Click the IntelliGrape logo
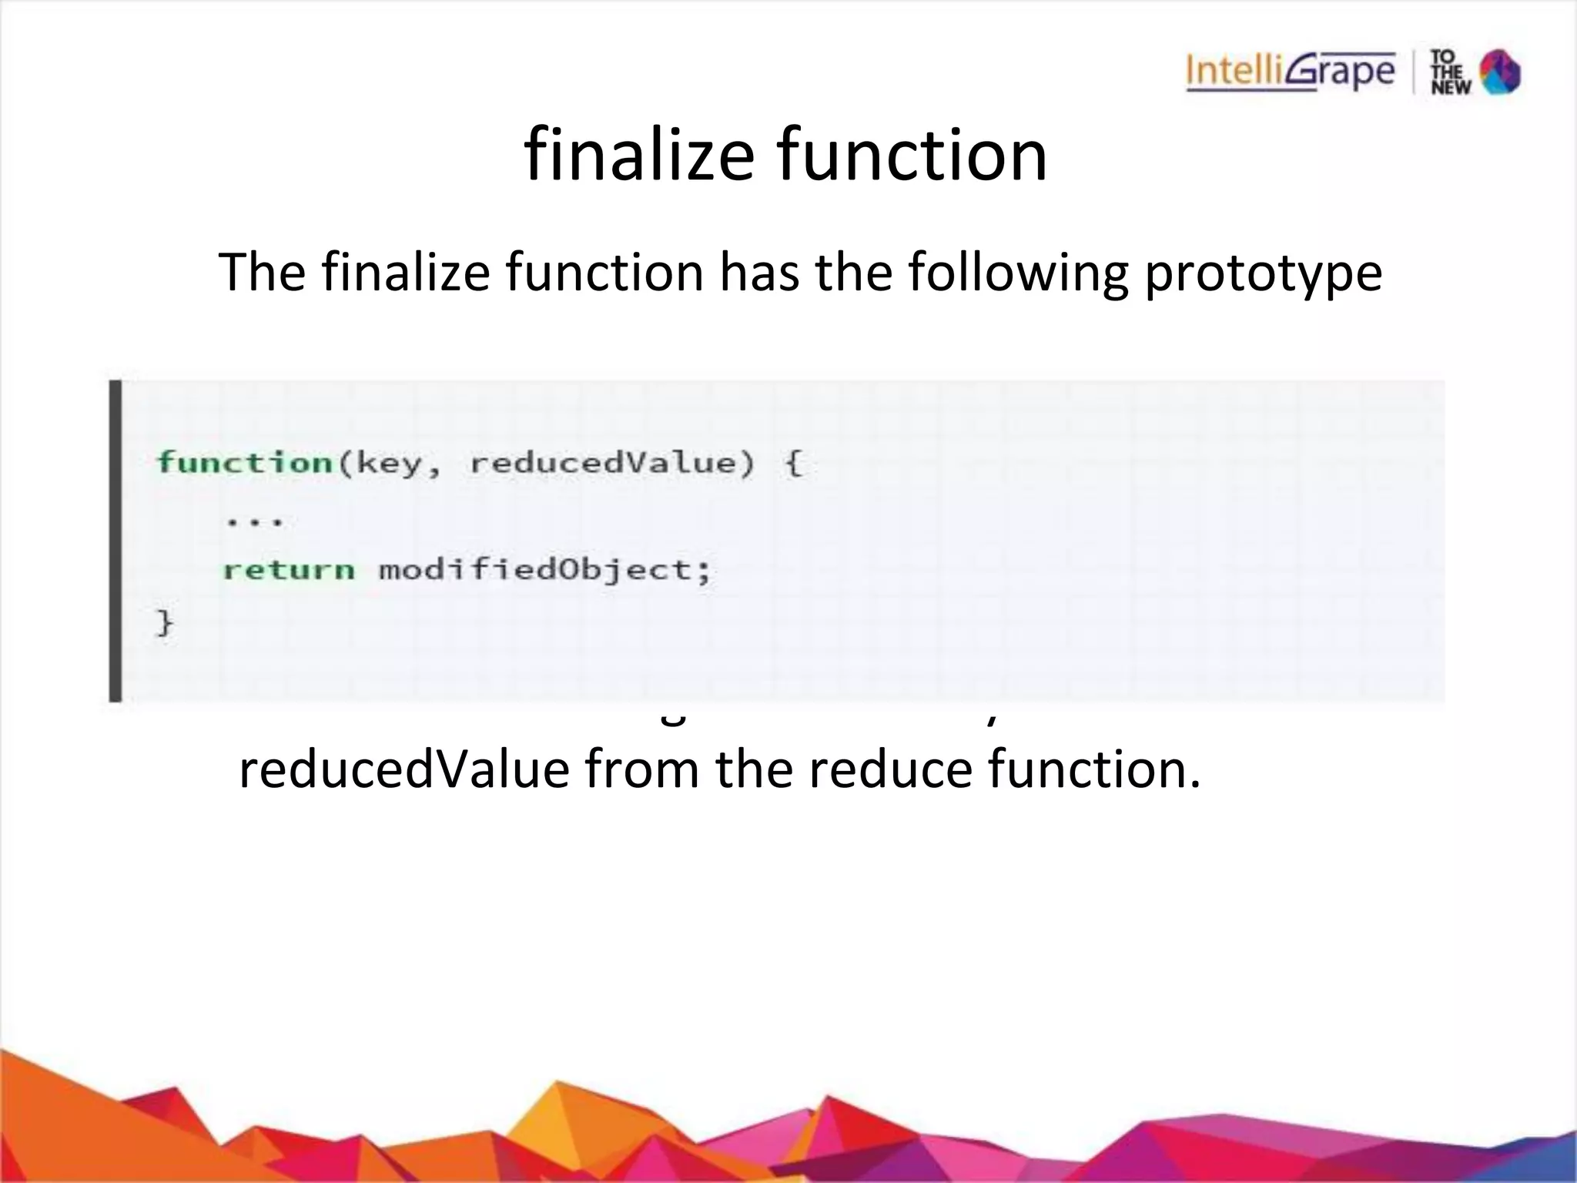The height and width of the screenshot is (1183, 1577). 1290,72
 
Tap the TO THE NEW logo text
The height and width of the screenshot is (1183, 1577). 1451,72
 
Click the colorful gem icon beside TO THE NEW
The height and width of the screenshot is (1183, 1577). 1500,72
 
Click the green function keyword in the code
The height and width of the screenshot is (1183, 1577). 244,463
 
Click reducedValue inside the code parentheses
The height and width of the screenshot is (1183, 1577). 603,463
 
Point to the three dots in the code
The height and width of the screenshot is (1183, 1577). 255,521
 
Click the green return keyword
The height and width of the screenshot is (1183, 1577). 289,571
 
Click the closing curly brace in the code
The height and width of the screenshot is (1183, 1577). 165,622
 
